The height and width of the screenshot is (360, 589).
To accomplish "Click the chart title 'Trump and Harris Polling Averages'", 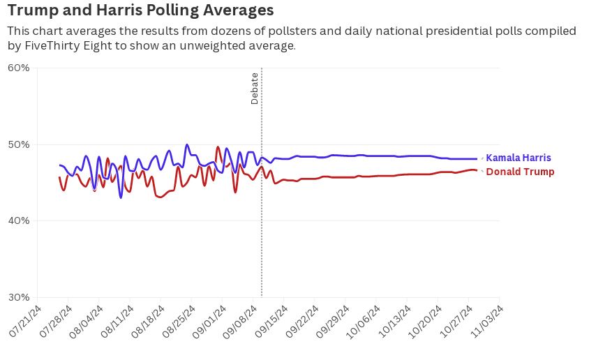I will pos(140,10).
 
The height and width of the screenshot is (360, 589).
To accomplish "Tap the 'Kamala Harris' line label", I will pos(518,158).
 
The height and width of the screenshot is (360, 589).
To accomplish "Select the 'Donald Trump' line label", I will pos(520,172).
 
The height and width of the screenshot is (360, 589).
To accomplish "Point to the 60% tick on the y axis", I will pos(19,68).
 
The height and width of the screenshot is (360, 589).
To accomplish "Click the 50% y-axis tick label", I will pos(19,144).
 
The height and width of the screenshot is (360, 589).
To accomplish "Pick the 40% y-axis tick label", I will pos(19,220).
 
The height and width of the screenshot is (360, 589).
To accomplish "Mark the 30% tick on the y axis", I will pos(19,297).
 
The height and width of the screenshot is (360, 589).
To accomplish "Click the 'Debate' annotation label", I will pos(255,89).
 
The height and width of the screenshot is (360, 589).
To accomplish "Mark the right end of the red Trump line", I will pos(477,170).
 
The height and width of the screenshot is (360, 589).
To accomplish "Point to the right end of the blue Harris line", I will pos(477,158).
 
